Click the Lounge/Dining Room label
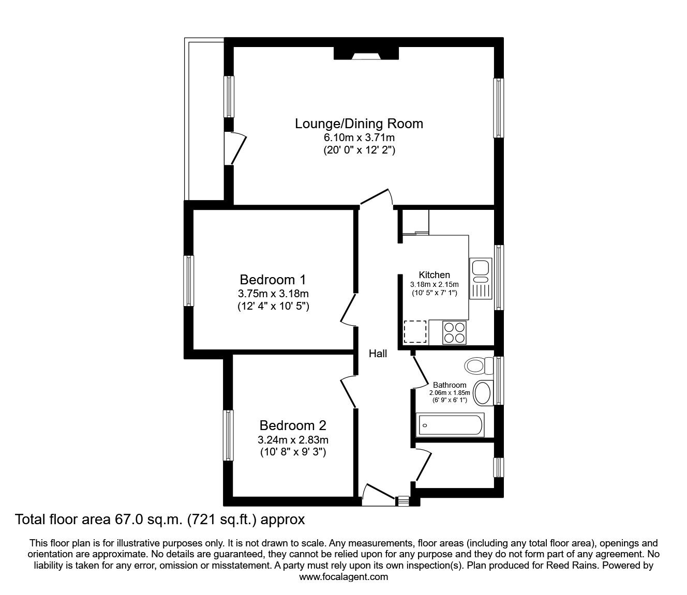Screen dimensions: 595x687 click(359, 124)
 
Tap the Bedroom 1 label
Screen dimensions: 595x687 click(273, 280)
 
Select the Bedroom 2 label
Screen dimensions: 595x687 click(293, 426)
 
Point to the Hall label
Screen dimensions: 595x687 click(378, 354)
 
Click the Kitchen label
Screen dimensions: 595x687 click(434, 275)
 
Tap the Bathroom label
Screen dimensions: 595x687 click(450, 385)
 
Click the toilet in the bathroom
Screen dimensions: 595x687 click(479, 366)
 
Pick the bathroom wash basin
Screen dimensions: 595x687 click(483, 392)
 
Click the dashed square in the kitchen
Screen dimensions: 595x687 click(415, 332)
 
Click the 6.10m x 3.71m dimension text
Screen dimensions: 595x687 click(359, 138)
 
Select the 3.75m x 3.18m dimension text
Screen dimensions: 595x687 click(273, 294)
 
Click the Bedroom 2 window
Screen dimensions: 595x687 click(228, 435)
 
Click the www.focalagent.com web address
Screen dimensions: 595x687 click(343, 577)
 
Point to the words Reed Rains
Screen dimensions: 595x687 click(565, 566)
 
